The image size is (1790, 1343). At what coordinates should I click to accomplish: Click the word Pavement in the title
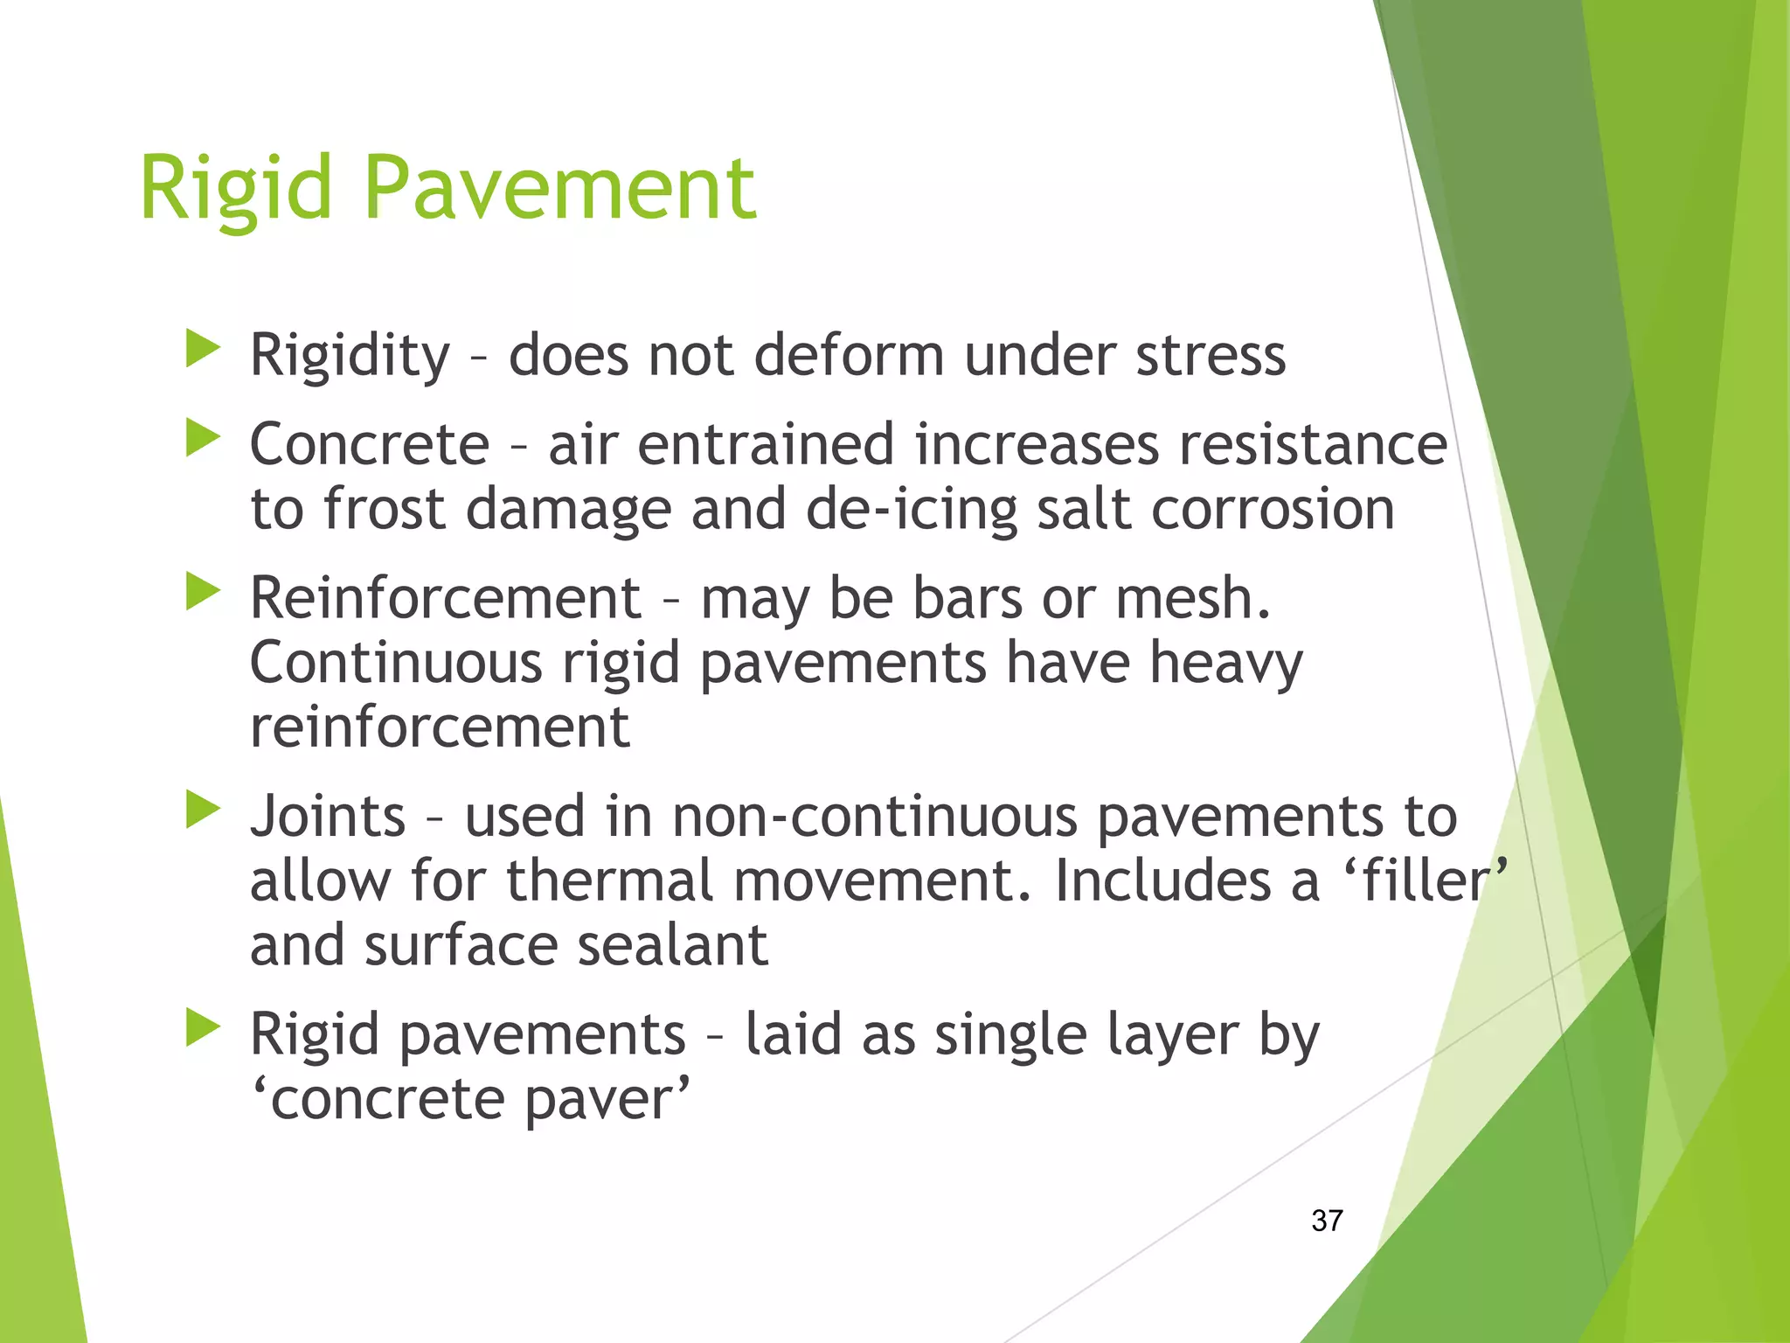click(559, 188)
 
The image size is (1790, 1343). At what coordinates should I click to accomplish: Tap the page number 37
click(1327, 1221)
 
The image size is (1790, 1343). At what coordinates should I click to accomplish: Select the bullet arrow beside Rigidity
click(203, 349)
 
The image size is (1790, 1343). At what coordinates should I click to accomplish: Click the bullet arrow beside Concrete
click(203, 438)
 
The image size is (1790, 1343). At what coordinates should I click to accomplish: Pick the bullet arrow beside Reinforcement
click(203, 592)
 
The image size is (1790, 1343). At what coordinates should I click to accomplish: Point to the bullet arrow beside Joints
click(203, 810)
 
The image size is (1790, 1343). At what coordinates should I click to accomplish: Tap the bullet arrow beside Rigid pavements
click(203, 1028)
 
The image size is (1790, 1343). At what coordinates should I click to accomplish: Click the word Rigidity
click(350, 357)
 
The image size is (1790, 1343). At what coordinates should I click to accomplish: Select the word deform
click(849, 357)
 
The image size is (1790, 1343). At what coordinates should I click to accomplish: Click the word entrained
click(766, 444)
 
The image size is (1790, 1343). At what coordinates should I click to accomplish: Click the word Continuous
click(396, 663)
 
